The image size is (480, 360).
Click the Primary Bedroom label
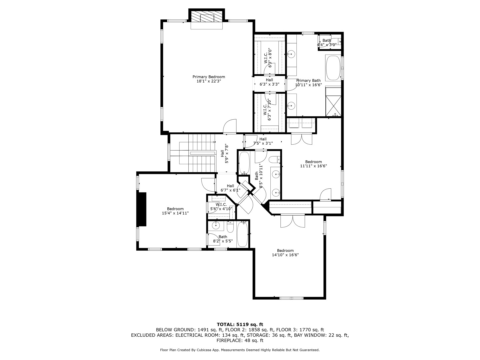(209, 77)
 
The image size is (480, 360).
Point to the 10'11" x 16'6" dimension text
(308, 85)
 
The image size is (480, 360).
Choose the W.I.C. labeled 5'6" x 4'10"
(221, 207)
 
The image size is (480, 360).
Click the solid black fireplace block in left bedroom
(142, 209)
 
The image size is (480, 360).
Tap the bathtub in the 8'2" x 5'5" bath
(242, 235)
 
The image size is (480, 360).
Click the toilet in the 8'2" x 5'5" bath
(230, 228)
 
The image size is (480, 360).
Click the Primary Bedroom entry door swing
(230, 127)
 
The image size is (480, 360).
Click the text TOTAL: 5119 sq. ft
(240, 324)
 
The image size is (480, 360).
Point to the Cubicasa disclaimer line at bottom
(240, 350)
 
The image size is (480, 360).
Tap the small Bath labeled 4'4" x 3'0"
(327, 42)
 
